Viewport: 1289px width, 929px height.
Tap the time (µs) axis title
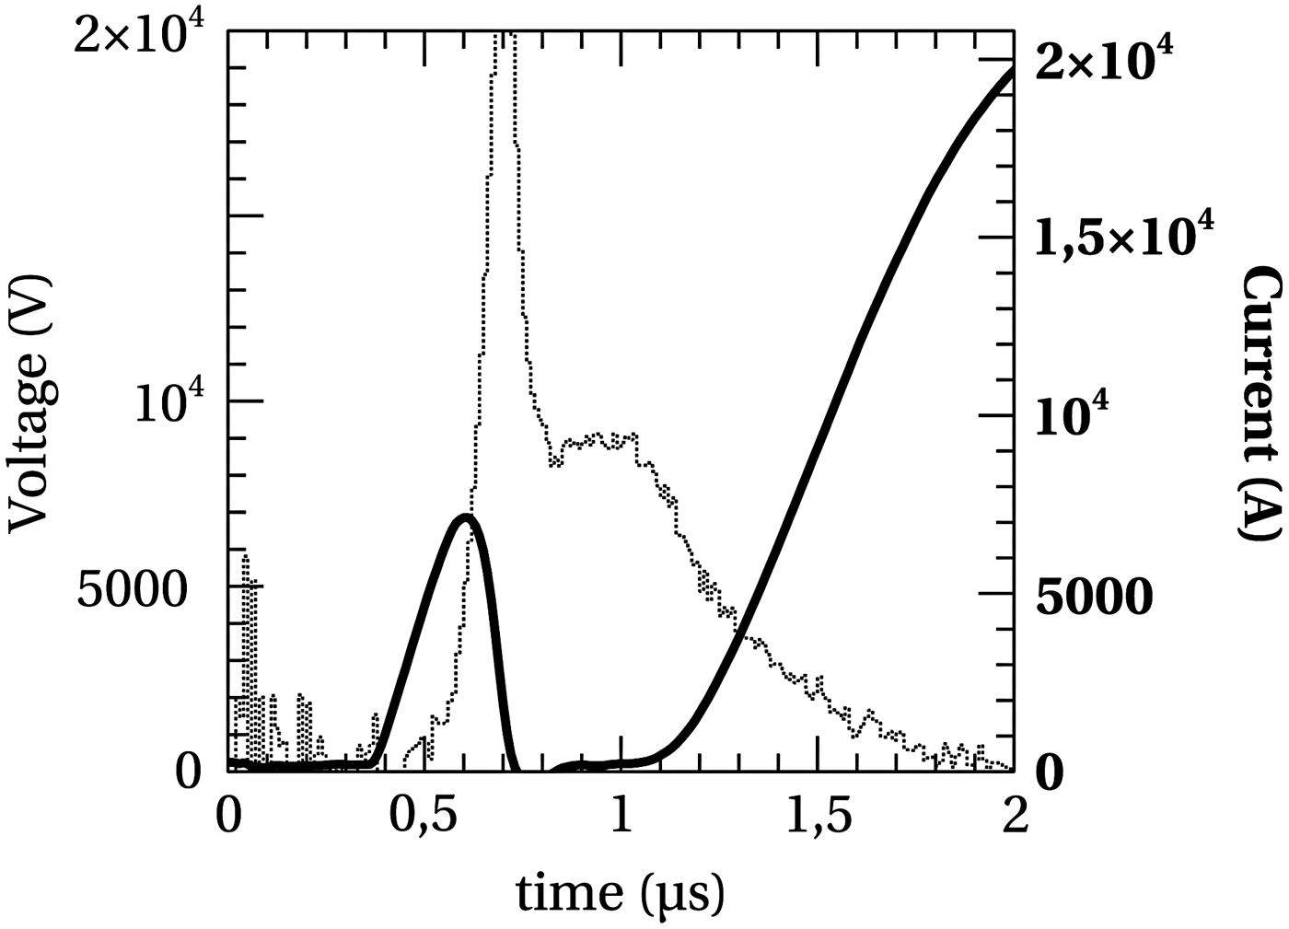click(x=620, y=893)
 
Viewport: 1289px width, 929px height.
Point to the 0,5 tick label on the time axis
click(x=424, y=818)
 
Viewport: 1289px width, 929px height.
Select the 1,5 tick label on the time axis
click(x=818, y=818)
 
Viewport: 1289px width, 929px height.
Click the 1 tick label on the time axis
click(x=621, y=816)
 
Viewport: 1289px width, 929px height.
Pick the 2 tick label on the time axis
click(x=1014, y=816)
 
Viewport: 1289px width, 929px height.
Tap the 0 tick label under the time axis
click(x=227, y=816)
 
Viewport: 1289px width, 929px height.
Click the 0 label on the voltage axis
click(x=188, y=772)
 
